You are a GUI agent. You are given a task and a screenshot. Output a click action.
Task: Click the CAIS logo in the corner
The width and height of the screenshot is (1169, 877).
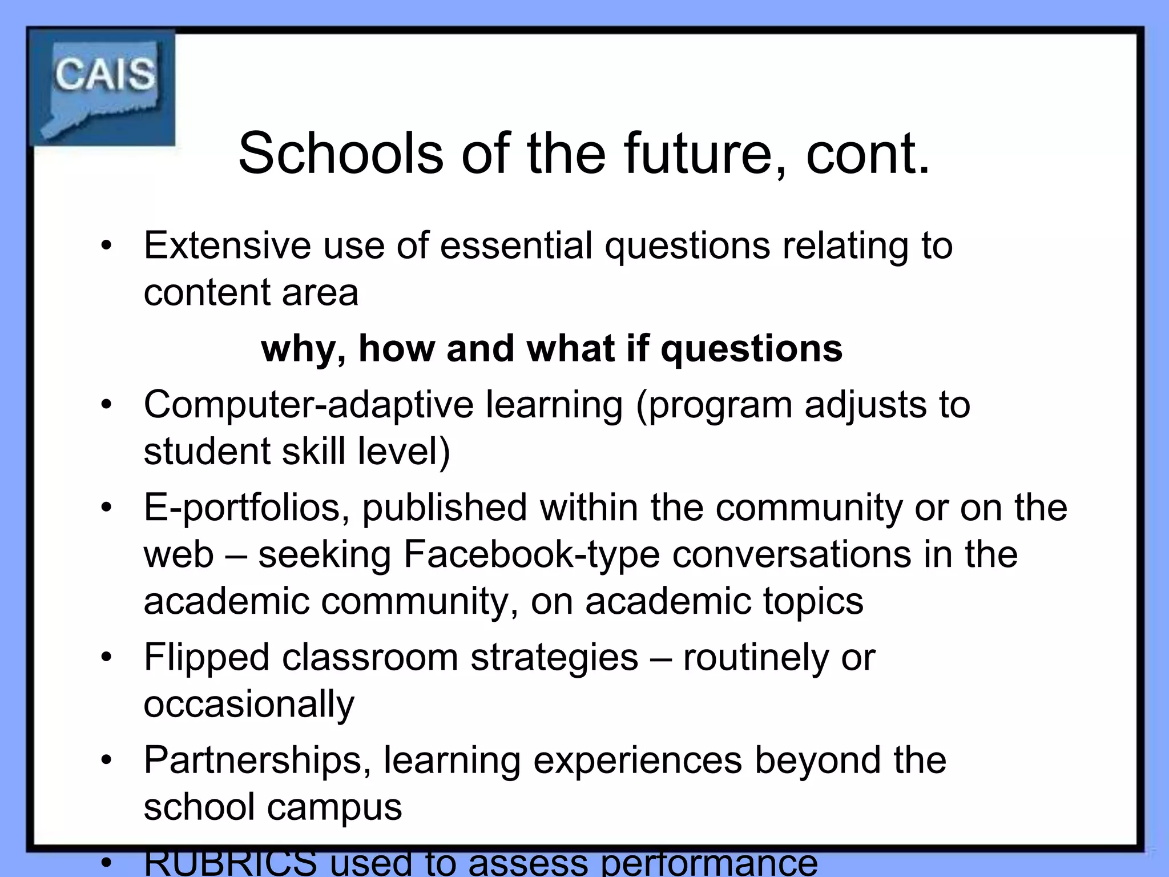103,87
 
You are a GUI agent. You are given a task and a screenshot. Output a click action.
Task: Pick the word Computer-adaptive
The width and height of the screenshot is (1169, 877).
308,405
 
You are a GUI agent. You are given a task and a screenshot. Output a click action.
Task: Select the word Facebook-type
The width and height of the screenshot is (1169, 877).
531,554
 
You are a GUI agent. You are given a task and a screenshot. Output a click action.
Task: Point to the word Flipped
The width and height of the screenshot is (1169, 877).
206,658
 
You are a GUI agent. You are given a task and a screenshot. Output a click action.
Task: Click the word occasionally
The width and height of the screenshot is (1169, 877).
249,705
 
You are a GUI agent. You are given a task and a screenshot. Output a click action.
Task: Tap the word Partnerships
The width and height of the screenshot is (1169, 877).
257,761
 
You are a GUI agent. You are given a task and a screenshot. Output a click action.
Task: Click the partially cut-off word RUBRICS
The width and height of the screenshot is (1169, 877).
230,863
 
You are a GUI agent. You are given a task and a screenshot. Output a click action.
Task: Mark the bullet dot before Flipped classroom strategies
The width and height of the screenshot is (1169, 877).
106,658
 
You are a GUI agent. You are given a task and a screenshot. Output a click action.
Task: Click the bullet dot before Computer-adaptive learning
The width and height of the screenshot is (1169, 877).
106,405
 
